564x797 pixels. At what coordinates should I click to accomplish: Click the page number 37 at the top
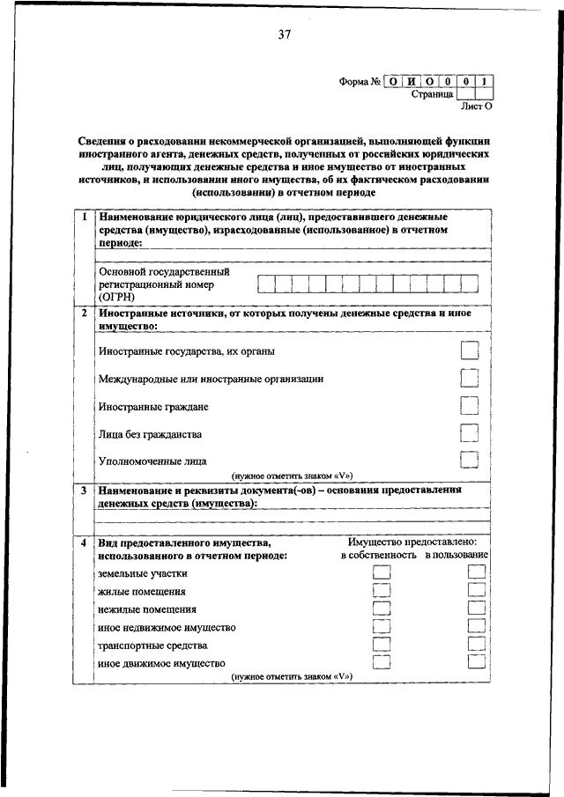284,35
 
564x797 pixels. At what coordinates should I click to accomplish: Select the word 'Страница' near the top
432,93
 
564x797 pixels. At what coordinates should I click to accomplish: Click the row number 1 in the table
83,217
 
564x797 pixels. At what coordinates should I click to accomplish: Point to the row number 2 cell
83,313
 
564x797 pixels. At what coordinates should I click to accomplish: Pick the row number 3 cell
83,489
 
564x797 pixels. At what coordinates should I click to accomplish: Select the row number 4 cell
83,543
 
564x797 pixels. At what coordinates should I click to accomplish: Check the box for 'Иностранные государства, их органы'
470,351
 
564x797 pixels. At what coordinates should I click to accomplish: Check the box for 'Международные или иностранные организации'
470,378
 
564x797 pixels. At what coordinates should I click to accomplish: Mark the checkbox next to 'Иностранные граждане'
470,406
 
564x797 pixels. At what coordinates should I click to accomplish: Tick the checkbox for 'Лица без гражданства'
470,433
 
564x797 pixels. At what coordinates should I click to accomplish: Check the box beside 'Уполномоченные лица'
470,460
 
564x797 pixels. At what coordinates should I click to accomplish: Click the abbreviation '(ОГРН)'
117,298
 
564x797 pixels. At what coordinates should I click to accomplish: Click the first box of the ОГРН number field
266,284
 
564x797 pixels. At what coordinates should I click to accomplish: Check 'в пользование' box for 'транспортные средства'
476,646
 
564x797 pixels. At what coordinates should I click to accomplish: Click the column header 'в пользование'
456,556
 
